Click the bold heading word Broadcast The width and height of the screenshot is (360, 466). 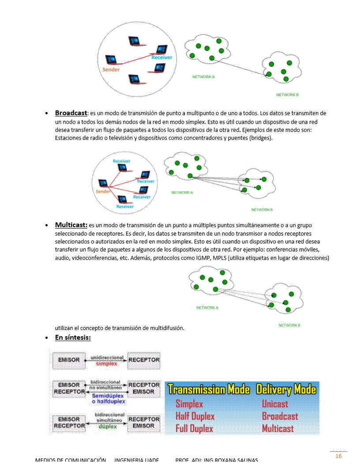point(71,113)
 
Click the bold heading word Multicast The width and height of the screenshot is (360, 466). point(71,225)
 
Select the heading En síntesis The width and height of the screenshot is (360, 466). point(73,338)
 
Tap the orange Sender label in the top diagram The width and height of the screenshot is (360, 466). point(111,70)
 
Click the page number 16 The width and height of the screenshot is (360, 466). point(338,456)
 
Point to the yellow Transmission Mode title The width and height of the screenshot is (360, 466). point(209,390)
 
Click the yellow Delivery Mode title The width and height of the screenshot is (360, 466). point(286,390)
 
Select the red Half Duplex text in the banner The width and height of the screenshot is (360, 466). point(195,416)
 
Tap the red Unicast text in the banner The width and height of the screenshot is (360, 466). point(275,404)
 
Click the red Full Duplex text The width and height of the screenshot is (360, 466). point(194,428)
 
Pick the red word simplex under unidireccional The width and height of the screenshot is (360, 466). point(107,364)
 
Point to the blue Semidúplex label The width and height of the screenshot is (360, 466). point(108,396)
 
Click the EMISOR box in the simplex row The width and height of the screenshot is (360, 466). point(69,360)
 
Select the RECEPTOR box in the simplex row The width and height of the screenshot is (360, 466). point(144,360)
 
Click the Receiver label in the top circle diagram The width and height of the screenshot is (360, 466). point(161,58)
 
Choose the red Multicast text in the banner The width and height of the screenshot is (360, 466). point(277,428)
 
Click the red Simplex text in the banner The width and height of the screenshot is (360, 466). point(189,404)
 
